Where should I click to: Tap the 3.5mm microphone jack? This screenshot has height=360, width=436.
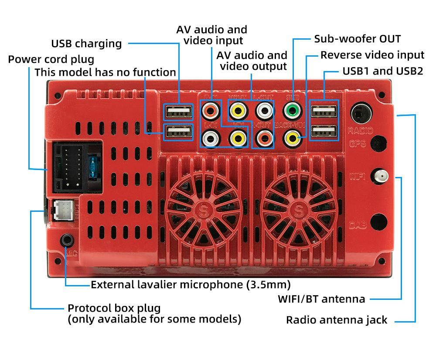pos(67,240)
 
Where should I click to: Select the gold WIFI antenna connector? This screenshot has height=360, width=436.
pos(381,176)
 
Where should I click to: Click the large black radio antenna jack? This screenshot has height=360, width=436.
pos(362,112)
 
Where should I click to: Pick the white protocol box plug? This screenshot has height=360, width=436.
pos(62,211)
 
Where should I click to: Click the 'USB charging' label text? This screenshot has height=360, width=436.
pos(86,44)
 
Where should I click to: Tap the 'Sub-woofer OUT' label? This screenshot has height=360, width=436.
pos(357,39)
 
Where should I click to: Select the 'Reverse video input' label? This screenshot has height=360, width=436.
pos(372,55)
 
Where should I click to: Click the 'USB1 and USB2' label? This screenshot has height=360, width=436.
pos(383,71)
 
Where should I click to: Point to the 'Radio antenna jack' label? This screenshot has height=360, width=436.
pos(336,320)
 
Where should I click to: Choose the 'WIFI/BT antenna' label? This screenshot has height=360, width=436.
pos(321,299)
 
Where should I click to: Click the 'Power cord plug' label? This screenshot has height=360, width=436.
pos(51,59)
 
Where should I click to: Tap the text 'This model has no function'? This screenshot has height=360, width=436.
pos(105,72)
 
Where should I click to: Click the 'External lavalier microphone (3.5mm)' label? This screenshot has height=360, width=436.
pos(191,285)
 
